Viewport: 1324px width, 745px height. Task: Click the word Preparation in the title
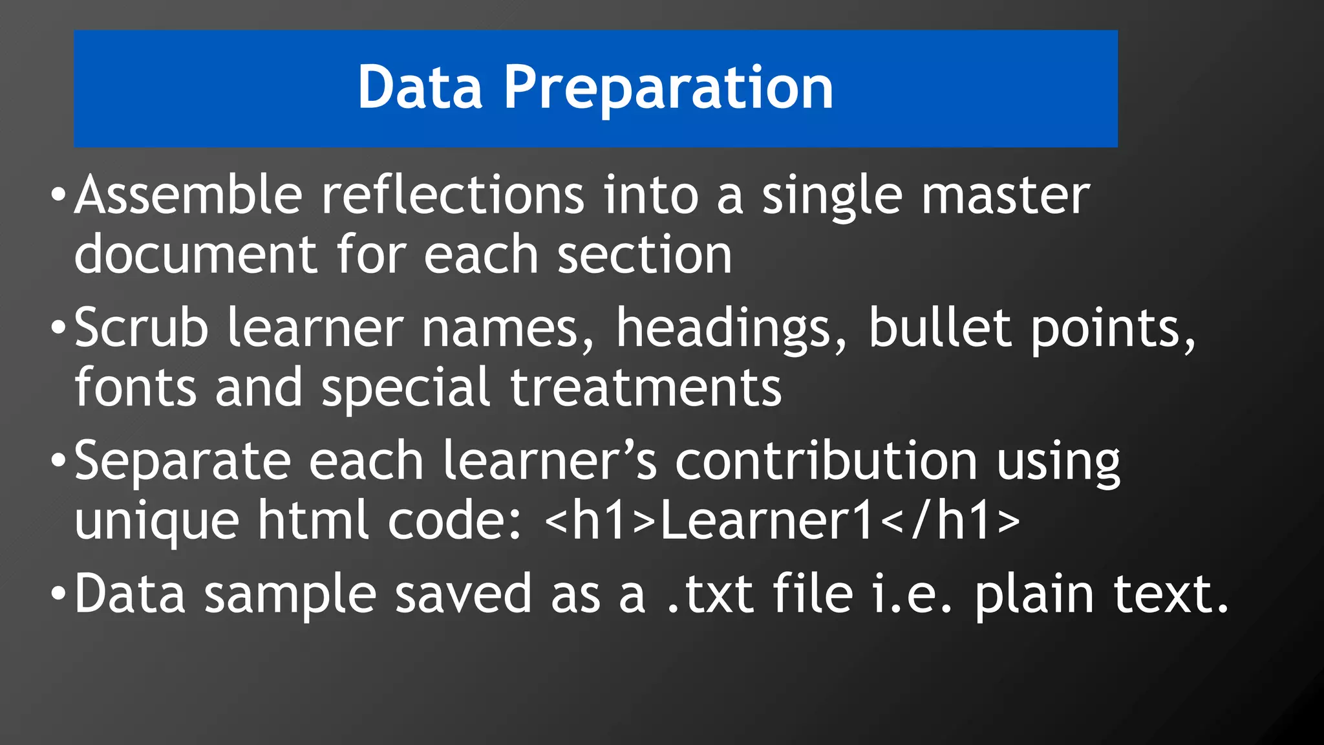point(668,89)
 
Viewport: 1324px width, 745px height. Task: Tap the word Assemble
point(188,195)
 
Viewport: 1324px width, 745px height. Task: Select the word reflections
point(453,195)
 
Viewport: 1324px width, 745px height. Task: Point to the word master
point(1006,195)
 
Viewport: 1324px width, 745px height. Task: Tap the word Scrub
point(141,328)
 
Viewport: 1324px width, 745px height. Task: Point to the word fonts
point(135,387)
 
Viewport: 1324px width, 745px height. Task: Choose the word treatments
point(646,387)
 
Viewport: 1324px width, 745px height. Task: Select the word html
point(313,520)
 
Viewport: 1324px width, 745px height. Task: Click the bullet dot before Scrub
point(58,327)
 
